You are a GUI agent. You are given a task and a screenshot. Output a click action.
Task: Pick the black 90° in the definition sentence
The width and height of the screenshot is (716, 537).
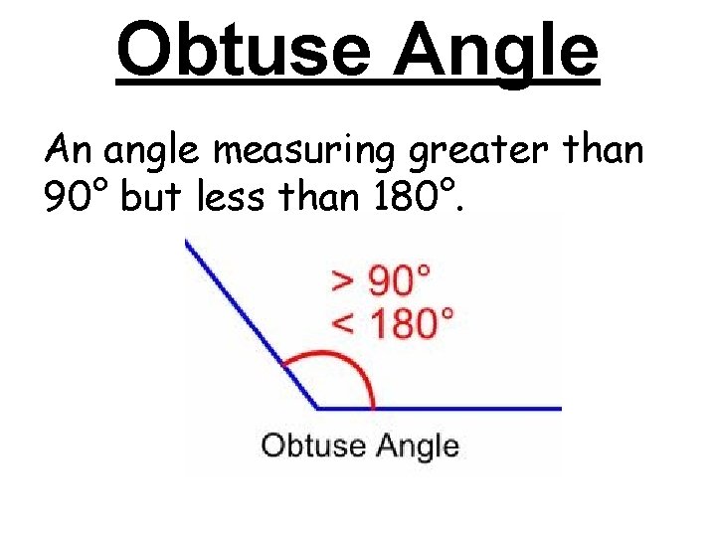[x=78, y=198]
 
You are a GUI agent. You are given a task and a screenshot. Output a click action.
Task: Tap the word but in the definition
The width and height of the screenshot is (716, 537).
[x=153, y=198]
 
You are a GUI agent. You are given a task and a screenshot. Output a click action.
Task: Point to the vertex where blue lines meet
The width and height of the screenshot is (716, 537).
[x=317, y=408]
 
